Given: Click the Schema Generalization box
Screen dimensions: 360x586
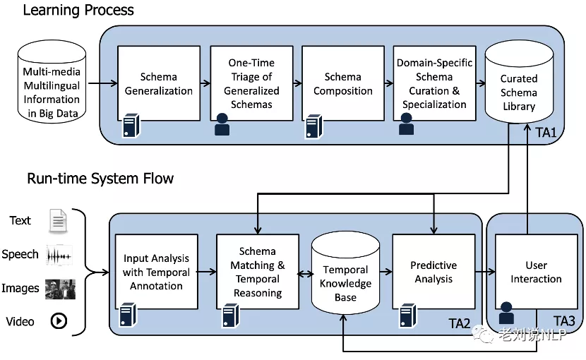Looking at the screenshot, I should [157, 84].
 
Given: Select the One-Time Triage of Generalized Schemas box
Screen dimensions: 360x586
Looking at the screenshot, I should [251, 84].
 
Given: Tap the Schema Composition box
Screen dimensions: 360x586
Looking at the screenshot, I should [342, 84].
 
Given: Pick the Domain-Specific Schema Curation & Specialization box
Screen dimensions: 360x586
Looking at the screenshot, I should [434, 84].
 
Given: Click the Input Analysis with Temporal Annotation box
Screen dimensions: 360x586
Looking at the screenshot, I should [156, 272].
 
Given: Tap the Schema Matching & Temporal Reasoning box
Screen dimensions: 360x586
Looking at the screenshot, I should [257, 272].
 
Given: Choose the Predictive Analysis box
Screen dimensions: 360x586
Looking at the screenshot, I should [433, 272].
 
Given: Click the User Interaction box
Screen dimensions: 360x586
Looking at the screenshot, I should [536, 272].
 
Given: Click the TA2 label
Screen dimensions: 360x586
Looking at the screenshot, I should [459, 323].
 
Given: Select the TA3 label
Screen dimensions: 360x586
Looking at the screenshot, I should [564, 322].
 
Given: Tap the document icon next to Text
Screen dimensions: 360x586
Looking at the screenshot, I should [58, 221].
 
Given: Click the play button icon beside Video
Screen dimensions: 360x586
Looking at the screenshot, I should [59, 321].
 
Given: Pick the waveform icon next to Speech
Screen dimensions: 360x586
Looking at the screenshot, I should [59, 255].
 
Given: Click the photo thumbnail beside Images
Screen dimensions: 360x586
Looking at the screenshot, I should [60, 288].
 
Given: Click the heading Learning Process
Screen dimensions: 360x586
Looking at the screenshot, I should [78, 10].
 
